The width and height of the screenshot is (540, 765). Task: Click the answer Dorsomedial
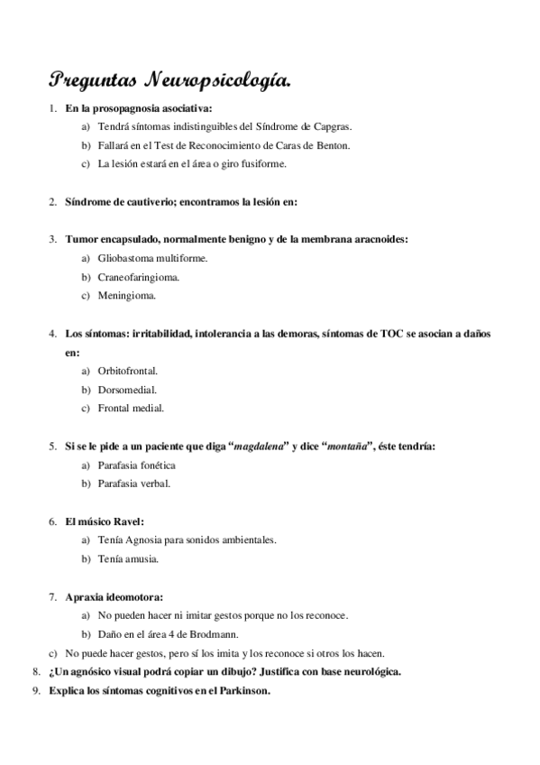127,390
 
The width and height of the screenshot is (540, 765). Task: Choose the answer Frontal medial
131,409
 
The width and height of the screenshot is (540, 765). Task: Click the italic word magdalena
261,447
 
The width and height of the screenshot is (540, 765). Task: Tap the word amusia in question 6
142,559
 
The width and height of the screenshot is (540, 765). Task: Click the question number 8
35,672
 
